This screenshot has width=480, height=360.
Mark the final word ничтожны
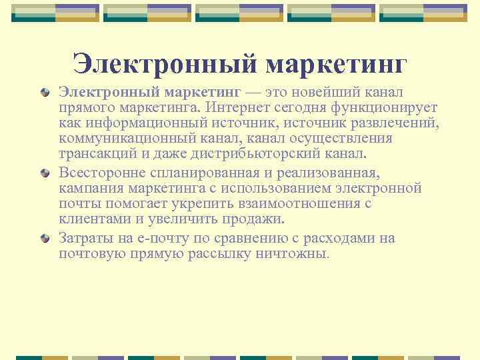[294, 254]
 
